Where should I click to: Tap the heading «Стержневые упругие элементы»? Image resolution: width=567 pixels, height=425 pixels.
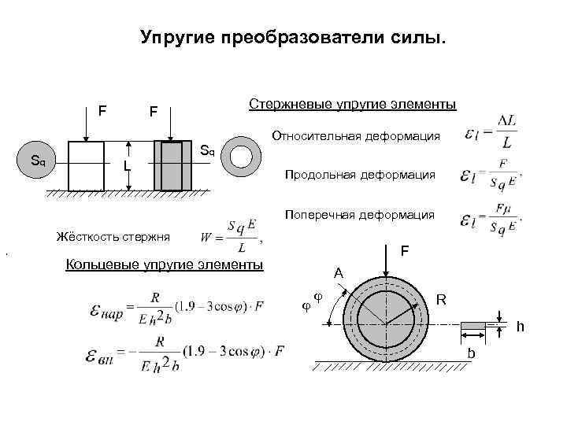click(352, 105)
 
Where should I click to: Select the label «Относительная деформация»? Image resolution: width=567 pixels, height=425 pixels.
click(356, 137)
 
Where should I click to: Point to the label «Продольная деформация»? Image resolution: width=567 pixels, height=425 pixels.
click(361, 174)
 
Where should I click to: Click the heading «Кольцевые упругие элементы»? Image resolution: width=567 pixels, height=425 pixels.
click(165, 264)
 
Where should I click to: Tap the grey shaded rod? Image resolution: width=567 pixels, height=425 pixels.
click(172, 166)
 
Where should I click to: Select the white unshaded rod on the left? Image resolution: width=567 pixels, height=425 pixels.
click(86, 166)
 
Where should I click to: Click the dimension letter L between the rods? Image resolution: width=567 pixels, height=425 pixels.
click(126, 167)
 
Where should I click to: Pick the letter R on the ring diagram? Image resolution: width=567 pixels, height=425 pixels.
click(443, 299)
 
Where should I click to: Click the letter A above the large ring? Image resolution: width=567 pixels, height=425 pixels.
click(338, 273)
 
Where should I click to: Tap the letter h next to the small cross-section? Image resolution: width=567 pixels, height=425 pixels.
click(521, 326)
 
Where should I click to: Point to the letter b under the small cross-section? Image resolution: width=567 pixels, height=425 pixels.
click(471, 354)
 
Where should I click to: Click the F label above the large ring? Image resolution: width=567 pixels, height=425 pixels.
click(404, 251)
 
